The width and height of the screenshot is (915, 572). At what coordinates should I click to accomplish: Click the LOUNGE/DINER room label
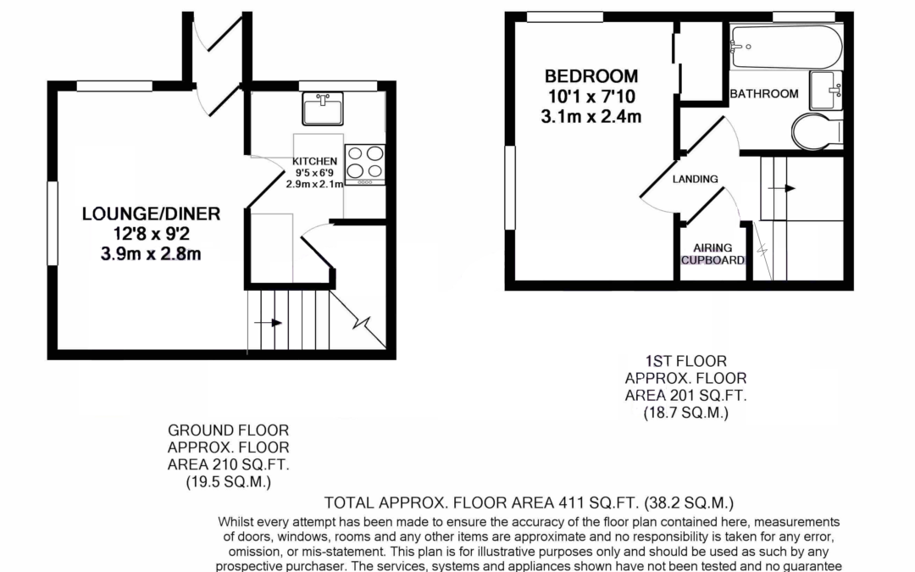(151, 214)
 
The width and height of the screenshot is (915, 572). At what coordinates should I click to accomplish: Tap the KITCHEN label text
(314, 161)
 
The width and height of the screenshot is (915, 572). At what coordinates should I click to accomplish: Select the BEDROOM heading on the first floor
(591, 76)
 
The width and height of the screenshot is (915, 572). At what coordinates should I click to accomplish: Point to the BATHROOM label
(764, 93)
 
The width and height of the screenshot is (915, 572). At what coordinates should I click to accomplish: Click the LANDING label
(695, 179)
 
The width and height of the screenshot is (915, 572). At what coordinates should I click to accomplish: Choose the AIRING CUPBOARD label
(713, 254)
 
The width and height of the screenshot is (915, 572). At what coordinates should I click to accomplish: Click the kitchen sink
(323, 108)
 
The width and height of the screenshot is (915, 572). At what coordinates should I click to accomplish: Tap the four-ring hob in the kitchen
(364, 164)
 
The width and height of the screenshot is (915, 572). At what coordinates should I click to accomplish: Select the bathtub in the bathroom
(786, 47)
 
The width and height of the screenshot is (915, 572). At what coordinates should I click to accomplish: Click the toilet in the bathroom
(817, 131)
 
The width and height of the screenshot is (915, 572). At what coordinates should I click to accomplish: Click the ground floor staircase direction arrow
(269, 323)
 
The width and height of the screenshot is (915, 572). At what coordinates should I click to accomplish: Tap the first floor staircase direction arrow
(781, 188)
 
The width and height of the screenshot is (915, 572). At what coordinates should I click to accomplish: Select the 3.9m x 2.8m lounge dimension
(151, 254)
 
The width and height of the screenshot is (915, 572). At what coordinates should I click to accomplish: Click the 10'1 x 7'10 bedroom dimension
(591, 97)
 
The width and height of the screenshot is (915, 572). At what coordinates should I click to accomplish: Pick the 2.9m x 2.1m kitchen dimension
(314, 184)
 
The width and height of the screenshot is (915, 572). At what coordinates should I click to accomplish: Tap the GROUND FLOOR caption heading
(228, 430)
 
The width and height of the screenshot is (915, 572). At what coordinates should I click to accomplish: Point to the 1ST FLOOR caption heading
(685, 361)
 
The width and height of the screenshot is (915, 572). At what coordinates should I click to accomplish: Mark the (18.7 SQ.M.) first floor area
(685, 413)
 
